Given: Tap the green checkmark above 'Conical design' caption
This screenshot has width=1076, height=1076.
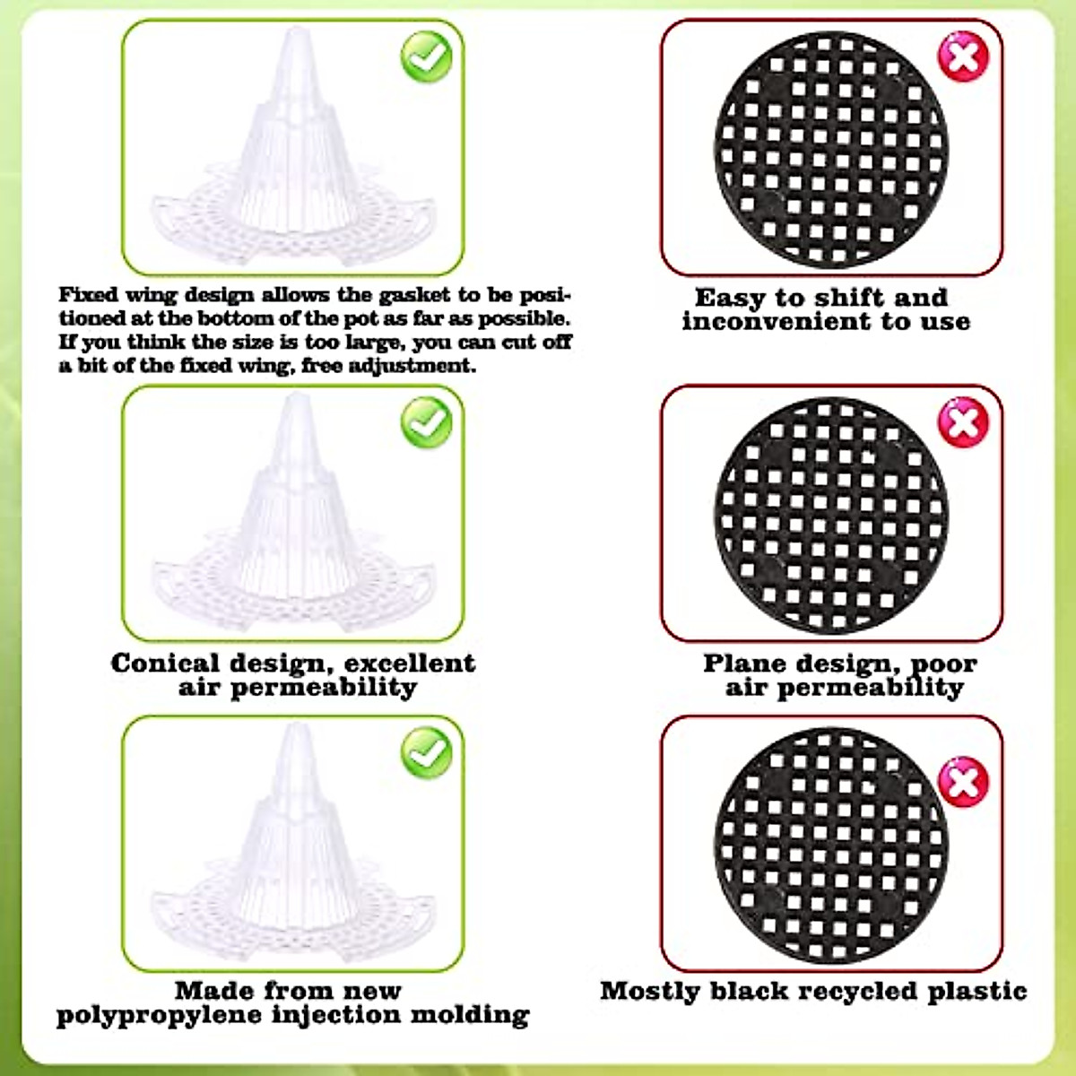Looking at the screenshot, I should (427, 421).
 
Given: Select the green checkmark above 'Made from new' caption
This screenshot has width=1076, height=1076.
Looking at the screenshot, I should (427, 751).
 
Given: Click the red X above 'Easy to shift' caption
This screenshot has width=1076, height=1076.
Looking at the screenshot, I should (963, 56).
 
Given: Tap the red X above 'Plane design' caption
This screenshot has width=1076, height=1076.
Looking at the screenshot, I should (963, 421).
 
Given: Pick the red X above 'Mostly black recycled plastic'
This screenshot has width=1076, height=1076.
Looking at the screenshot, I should (963, 781).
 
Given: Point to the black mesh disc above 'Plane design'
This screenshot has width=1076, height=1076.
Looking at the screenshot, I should (831, 515).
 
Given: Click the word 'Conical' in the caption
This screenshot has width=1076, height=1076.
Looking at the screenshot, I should (165, 664).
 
